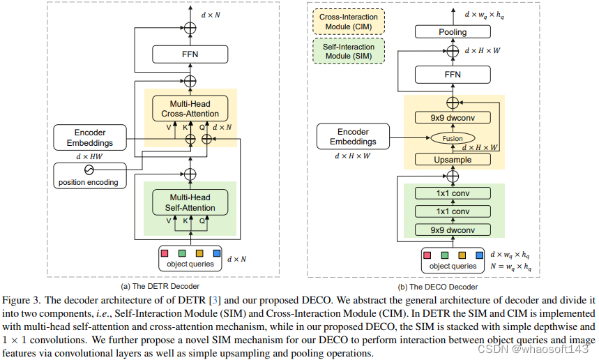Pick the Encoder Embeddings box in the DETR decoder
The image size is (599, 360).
(x=90, y=137)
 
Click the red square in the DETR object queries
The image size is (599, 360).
(x=165, y=253)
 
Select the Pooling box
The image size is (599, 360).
(x=453, y=32)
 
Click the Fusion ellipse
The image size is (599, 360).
(x=453, y=139)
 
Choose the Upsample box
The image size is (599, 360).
(x=453, y=160)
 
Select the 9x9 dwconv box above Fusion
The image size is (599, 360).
(x=453, y=118)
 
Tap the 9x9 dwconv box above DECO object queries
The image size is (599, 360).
(x=453, y=230)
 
